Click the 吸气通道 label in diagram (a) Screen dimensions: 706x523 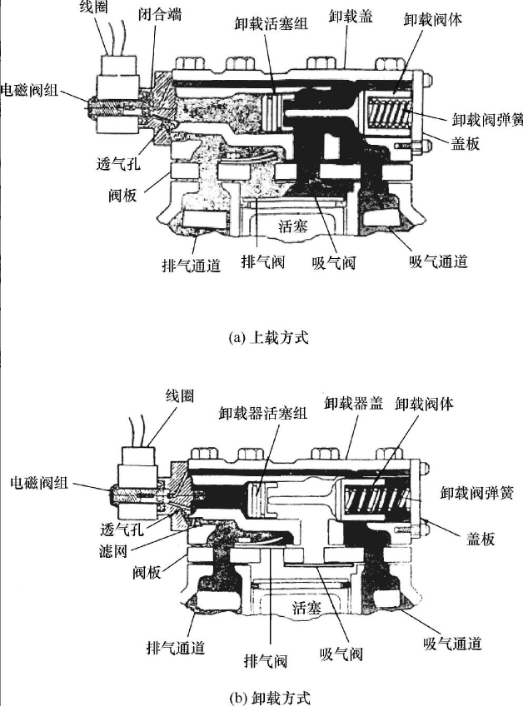[438, 261]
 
